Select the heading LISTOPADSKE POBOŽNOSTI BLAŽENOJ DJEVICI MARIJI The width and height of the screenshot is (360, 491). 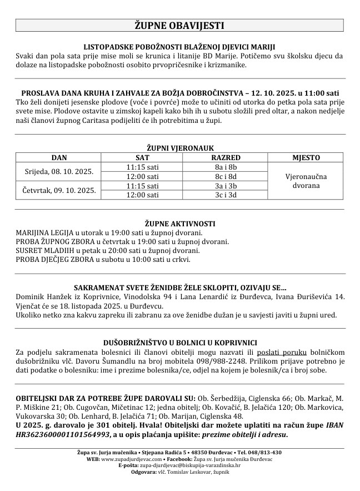point(179,47)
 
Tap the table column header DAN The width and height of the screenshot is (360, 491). point(59,157)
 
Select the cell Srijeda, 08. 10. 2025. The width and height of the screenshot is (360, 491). point(59,171)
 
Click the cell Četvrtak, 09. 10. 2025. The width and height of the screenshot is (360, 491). point(59,190)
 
